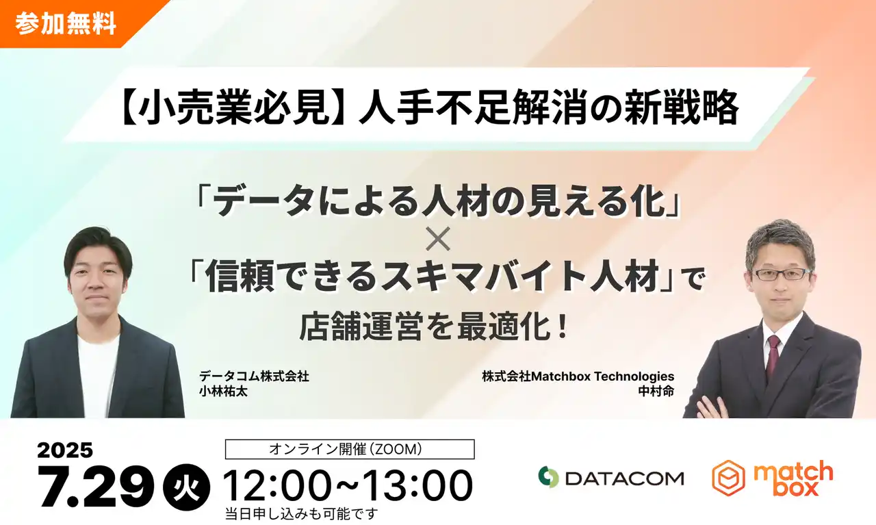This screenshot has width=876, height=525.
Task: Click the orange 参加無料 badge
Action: pyautogui.click(x=65, y=23)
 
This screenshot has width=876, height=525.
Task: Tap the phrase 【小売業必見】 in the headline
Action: pyautogui.click(x=233, y=109)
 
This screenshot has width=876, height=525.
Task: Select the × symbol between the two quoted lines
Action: pyautogui.click(x=438, y=242)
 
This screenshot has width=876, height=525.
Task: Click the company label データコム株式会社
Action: pyautogui.click(x=255, y=376)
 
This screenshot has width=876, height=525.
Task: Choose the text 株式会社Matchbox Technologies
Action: pyautogui.click(x=578, y=376)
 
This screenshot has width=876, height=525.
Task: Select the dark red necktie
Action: pyautogui.click(x=773, y=356)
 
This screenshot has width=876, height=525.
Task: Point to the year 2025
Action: pyautogui.click(x=65, y=450)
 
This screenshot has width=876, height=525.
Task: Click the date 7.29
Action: pyautogui.click(x=96, y=487)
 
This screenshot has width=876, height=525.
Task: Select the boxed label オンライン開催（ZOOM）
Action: pyautogui.click(x=350, y=449)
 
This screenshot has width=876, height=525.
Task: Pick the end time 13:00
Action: pyautogui.click(x=417, y=486)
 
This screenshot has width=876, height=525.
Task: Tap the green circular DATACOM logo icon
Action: pyautogui.click(x=548, y=477)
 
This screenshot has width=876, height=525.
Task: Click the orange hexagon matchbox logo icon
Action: pyautogui.click(x=728, y=477)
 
